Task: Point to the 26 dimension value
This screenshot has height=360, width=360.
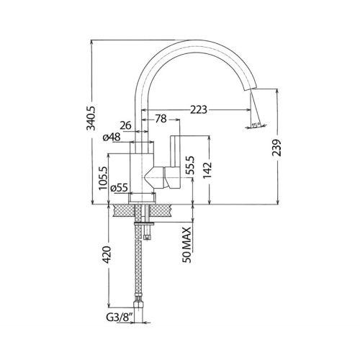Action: (124, 125)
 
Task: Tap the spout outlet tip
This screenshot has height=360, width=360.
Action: (253, 89)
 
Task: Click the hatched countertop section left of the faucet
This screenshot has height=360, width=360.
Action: (122, 210)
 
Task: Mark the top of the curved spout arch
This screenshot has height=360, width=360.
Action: (195, 41)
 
